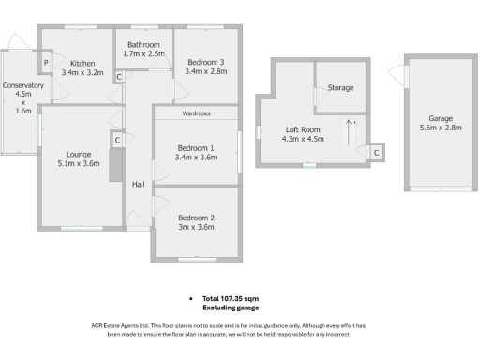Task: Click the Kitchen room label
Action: (82, 62)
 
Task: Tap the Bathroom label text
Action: (144, 44)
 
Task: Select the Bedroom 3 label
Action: (204, 62)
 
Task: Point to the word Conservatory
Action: (23, 85)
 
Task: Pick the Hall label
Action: (139, 184)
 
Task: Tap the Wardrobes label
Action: (195, 113)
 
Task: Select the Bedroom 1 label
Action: (195, 147)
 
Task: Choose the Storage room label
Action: (340, 88)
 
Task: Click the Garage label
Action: (441, 119)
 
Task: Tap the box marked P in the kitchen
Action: (45, 64)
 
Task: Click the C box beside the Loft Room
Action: (376, 152)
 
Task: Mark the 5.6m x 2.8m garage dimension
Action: (441, 129)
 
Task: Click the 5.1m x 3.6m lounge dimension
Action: (77, 164)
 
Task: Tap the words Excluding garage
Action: (231, 307)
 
